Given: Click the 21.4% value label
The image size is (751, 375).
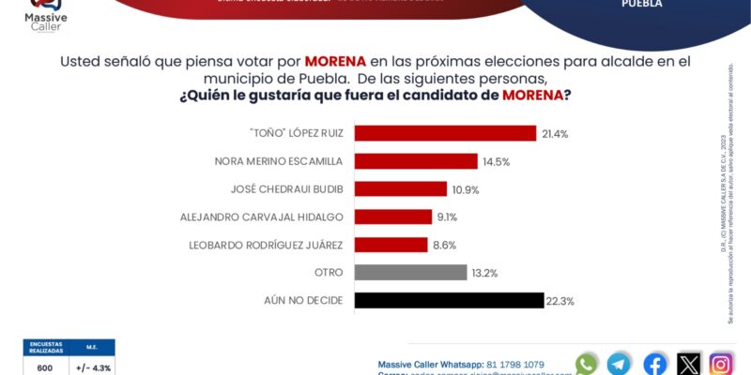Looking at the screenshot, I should (x=555, y=134).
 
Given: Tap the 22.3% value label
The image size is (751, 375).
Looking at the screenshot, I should (x=560, y=301).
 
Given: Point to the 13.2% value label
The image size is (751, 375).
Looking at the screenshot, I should (x=484, y=273).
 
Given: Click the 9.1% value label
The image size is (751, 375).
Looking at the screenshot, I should (x=448, y=217).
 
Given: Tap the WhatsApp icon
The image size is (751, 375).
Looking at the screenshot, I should (x=587, y=364).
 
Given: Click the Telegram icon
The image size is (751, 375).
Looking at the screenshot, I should (x=620, y=364).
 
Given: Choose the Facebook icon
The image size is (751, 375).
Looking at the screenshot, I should (x=655, y=364).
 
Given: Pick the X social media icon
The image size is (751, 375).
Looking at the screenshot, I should (x=689, y=364).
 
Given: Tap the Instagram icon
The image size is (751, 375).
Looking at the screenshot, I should (x=721, y=364).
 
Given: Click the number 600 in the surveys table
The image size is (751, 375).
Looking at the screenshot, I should (x=45, y=367).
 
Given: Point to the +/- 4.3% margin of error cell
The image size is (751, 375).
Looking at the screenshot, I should (x=93, y=367).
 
